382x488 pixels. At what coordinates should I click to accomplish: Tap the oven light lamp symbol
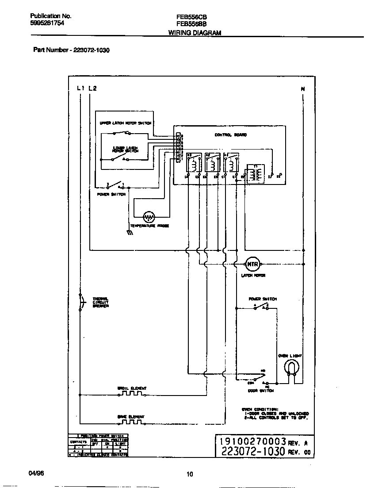292,367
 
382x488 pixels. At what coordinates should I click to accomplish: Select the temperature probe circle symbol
149,217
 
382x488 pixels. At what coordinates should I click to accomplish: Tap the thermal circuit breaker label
100,303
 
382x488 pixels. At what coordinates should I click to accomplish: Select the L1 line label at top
80,88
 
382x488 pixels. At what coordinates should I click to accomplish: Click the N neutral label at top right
303,89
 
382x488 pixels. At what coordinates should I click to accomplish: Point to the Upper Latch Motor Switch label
125,123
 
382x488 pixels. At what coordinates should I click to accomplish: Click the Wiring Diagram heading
195,33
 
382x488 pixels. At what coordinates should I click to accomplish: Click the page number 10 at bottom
190,475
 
